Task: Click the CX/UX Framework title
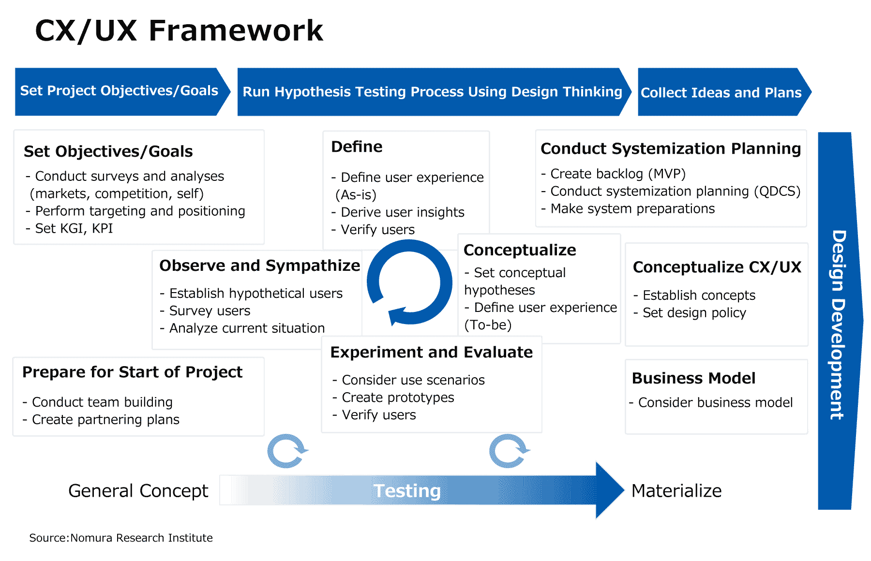point(179,30)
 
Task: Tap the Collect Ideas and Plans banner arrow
point(721,92)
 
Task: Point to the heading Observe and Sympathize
point(260,266)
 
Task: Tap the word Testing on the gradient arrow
point(407,491)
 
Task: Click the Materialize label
point(676,491)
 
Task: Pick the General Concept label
point(138,491)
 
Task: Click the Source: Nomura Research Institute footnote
point(121,538)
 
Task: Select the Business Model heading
point(693,378)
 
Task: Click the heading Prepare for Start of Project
point(132,372)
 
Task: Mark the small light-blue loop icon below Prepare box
point(287,451)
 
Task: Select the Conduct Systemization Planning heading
point(671,148)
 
